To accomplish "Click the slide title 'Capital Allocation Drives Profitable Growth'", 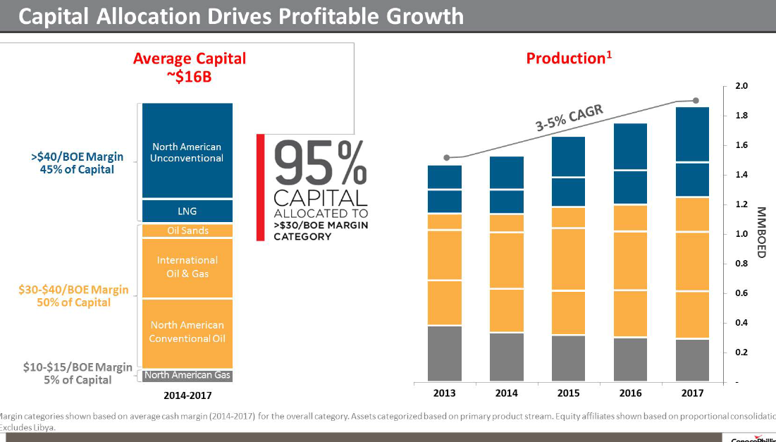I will tap(241, 16).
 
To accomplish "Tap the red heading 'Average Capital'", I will tap(190, 59).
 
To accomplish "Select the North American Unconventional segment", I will tap(187, 151).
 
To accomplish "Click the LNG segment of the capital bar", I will tap(187, 211).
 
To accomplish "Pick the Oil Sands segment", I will tap(187, 231).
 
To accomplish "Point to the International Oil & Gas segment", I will tap(187, 267).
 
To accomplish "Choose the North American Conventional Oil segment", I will tap(187, 332).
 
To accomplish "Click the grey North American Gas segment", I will tap(187, 375).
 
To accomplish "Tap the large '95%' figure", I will tap(321, 164).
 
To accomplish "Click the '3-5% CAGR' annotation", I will tap(569, 118).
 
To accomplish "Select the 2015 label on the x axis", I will tap(568, 393).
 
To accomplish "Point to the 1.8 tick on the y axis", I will tap(741, 116).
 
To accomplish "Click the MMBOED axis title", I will tap(762, 232).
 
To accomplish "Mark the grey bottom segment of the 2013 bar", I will tap(445, 353).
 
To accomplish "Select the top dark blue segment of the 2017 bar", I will tap(692, 135).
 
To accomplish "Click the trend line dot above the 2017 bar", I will tap(696, 101).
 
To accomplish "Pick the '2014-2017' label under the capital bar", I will tap(187, 395).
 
